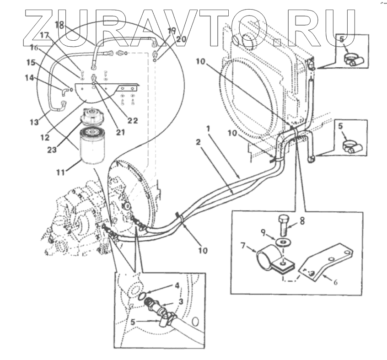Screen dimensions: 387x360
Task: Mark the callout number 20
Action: [180, 39]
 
